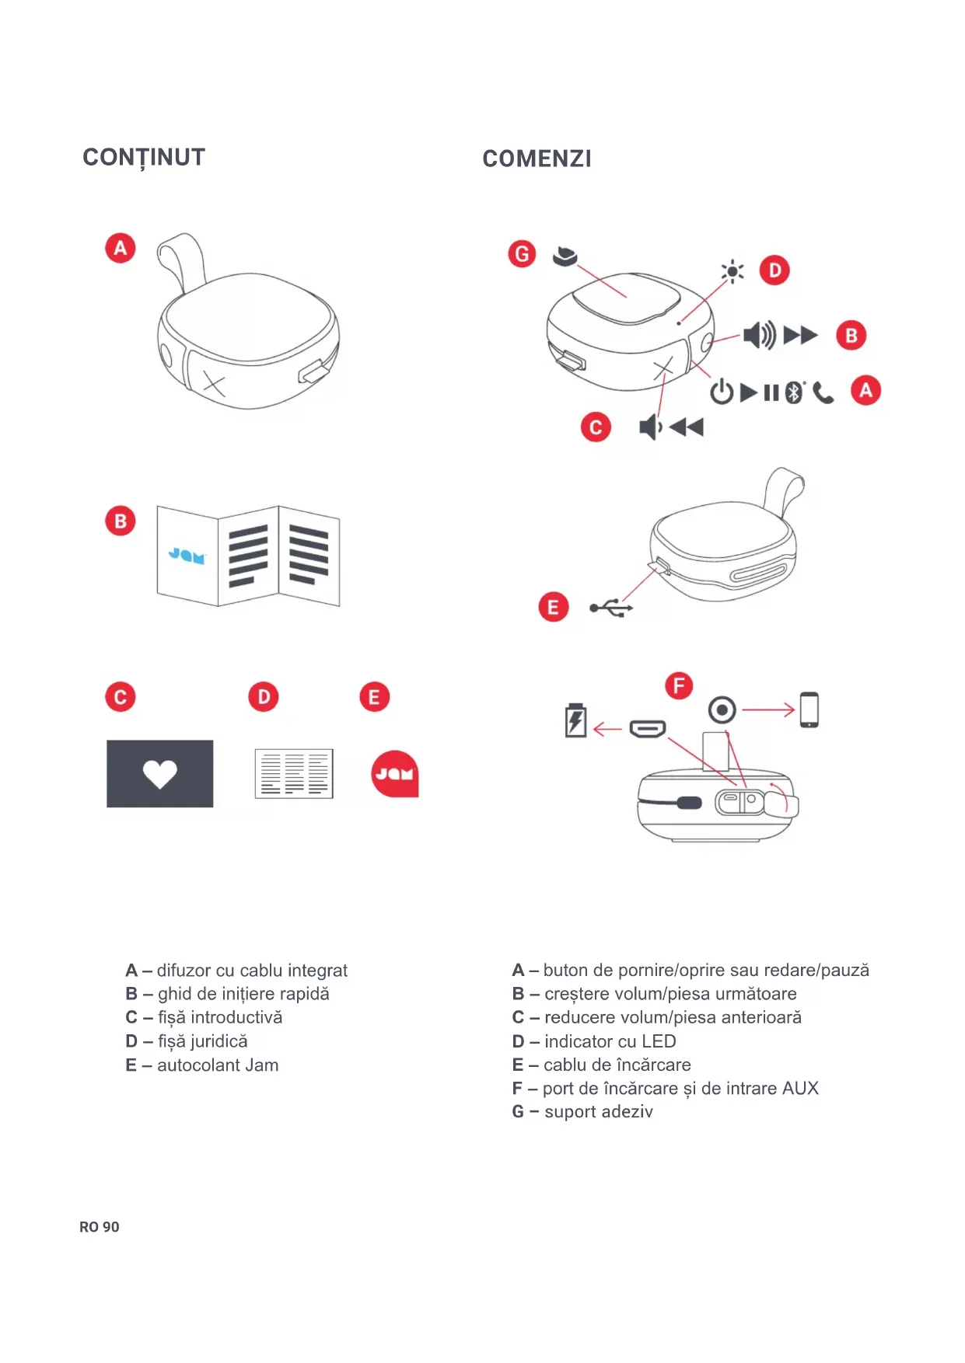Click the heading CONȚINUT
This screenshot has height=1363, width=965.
point(144,158)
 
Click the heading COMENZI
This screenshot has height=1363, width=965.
point(537,159)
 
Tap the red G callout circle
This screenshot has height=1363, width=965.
point(522,254)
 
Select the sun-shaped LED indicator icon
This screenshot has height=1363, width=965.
point(732,271)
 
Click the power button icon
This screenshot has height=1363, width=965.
point(722,392)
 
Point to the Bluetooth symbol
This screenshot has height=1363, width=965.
point(793,392)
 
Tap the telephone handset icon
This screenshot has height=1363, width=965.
point(823,393)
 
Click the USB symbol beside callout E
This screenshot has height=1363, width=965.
point(611,608)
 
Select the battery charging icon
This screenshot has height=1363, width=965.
point(575,720)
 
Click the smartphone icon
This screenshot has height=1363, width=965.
point(809,709)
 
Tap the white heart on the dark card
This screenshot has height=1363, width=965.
point(160,773)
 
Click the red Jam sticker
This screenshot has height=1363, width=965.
point(395,774)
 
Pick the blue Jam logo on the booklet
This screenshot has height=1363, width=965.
point(187,555)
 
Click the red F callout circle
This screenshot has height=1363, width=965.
point(679,686)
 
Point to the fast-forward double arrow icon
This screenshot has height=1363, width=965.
point(800,336)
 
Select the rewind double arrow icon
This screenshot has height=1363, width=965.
point(686,427)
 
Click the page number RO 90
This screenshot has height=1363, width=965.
point(100,1227)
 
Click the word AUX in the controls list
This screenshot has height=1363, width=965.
point(800,1088)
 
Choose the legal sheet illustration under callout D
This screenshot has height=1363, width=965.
point(294,774)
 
